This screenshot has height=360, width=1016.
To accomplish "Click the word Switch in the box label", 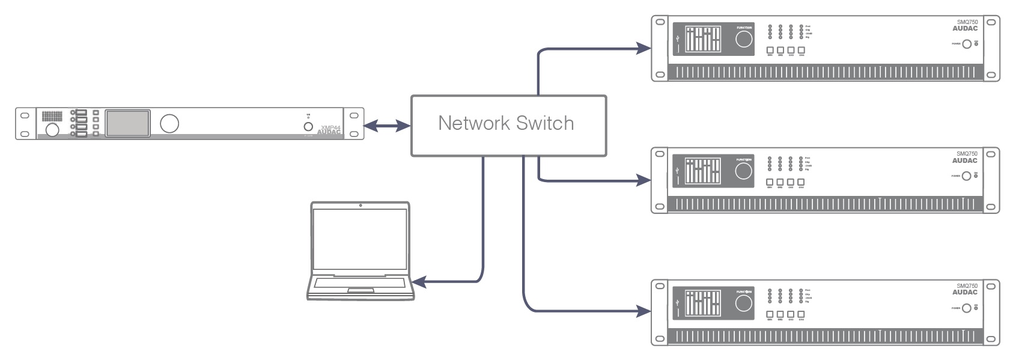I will [544, 123].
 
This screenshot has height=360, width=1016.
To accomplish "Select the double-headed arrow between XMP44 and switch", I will [388, 126].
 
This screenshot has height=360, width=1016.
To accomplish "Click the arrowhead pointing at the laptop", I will [419, 281].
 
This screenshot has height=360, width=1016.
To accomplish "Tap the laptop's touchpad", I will [360, 291].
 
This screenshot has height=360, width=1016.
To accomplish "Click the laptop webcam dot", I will [360, 206].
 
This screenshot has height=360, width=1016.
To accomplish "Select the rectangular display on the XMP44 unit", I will [128, 123].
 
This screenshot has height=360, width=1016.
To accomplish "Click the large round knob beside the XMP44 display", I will [169, 123].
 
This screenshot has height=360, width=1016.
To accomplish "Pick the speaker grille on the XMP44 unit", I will [52, 116].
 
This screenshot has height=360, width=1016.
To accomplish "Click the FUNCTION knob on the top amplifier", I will [744, 39].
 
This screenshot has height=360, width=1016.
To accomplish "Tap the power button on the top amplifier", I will [967, 44].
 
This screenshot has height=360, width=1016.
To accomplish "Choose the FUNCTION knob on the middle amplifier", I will [744, 171].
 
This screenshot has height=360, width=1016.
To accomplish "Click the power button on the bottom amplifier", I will [967, 308].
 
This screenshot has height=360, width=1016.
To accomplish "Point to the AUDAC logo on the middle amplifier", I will [965, 160].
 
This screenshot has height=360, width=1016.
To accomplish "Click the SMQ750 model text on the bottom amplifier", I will [967, 286].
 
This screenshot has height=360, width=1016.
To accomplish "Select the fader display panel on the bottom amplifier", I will [703, 304].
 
